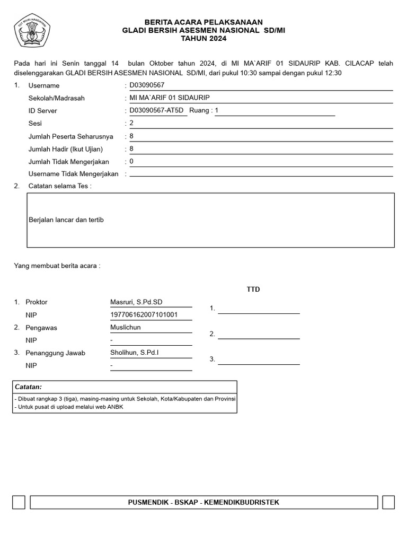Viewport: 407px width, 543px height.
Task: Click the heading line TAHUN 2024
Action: tap(203, 39)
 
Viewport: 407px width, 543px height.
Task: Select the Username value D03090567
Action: tap(147, 85)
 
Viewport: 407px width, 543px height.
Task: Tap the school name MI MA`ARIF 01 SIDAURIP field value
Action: tap(166, 98)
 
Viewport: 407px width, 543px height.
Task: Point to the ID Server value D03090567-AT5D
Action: tap(156, 110)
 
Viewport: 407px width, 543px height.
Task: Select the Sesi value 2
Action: tap(131, 123)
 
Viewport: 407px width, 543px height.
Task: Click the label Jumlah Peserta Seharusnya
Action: tap(70, 136)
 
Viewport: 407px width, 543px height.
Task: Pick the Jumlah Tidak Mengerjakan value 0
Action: tap(131, 161)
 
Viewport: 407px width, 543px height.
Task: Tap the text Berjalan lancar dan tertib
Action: tap(66, 220)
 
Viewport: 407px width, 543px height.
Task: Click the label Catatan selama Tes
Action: tap(59, 186)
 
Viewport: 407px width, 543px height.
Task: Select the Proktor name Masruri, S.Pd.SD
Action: tap(136, 302)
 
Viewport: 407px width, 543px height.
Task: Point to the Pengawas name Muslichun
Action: tap(126, 327)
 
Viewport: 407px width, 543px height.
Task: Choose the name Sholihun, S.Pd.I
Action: tap(135, 353)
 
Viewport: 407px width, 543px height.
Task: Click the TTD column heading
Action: tap(253, 290)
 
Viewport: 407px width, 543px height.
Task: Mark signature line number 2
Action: tap(259, 338)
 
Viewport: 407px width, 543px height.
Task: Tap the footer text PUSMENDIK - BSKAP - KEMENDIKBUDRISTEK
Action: tap(204, 502)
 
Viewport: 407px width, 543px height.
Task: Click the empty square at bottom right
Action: tap(388, 502)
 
